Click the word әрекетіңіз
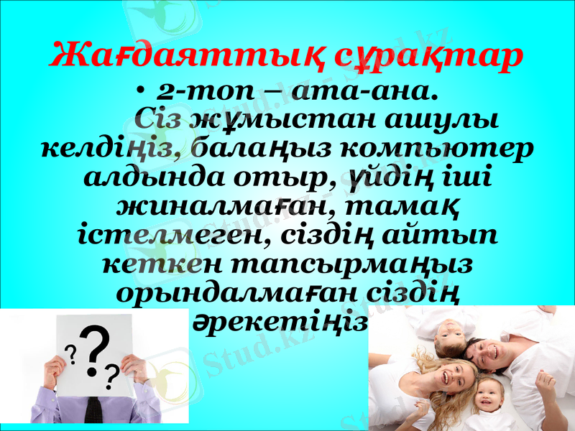tap(281, 323)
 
